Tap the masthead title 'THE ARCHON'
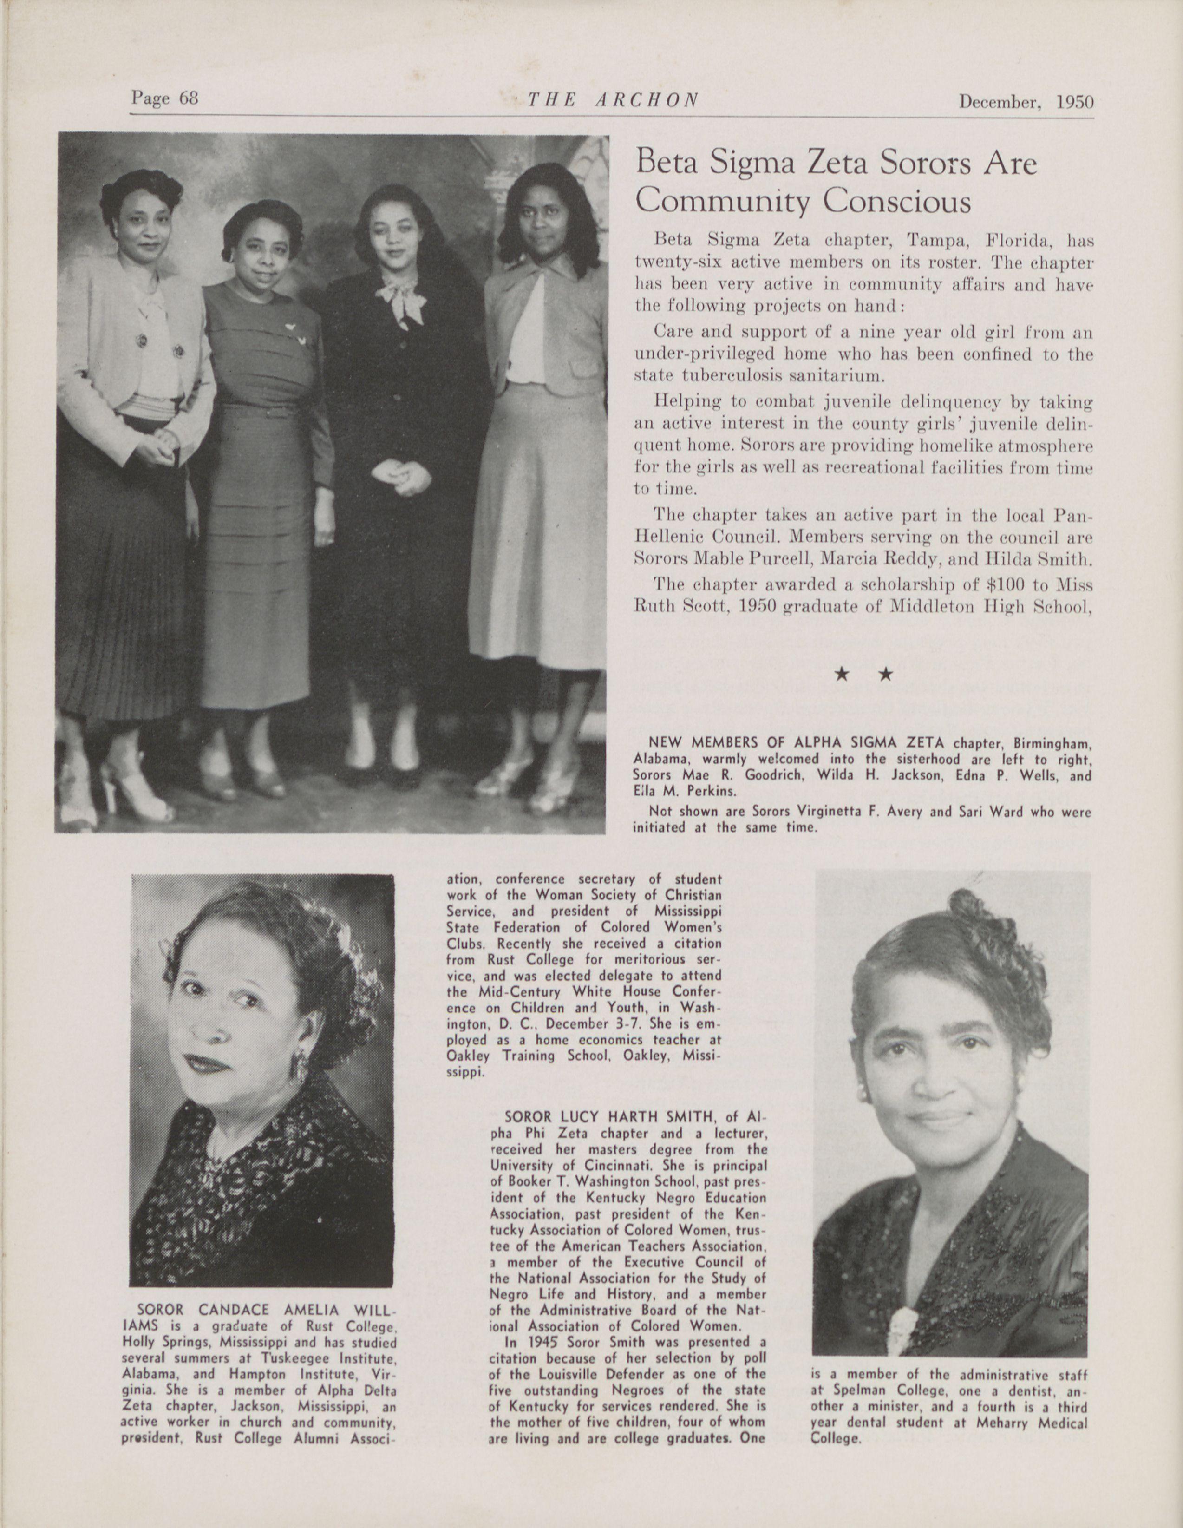[x=612, y=99]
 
